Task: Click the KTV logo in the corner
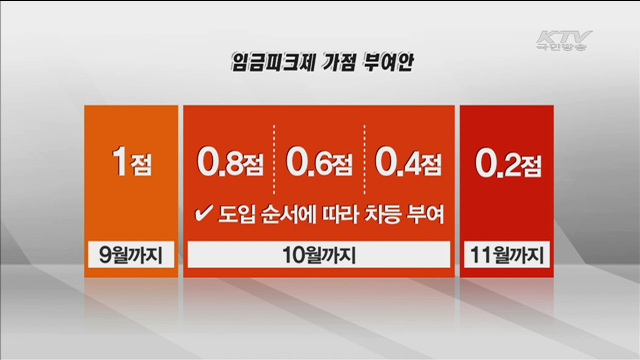tap(563, 37)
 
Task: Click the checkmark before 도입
tap(199, 213)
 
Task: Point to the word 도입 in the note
tap(234, 213)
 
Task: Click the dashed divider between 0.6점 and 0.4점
tap(364, 160)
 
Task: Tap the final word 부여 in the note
tap(427, 213)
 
